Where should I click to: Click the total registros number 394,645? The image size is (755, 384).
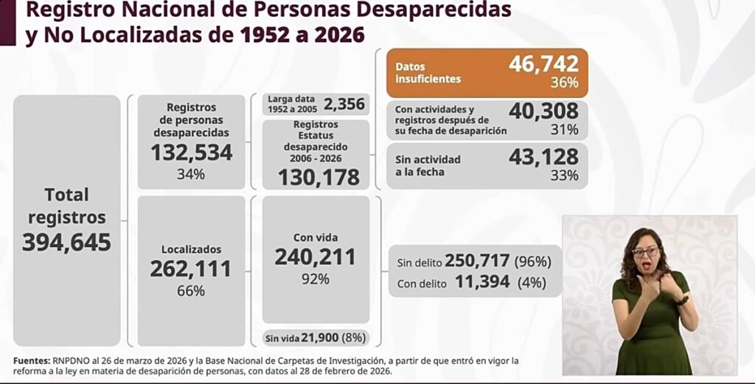point(66,242)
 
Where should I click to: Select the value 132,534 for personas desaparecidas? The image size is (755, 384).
point(191,153)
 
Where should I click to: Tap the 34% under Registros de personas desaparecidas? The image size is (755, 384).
point(191,175)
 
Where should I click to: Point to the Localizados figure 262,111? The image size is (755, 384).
point(191,269)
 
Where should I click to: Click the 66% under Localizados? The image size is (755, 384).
point(191,291)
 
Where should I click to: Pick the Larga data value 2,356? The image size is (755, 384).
point(344,104)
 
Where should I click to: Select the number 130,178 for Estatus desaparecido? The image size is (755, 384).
point(319,178)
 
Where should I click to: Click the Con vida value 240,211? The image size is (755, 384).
point(315,256)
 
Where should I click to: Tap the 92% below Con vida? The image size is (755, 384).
point(315,279)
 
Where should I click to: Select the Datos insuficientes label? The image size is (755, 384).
point(428,73)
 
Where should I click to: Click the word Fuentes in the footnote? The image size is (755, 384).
point(31,360)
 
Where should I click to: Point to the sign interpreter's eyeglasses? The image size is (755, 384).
point(646,252)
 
